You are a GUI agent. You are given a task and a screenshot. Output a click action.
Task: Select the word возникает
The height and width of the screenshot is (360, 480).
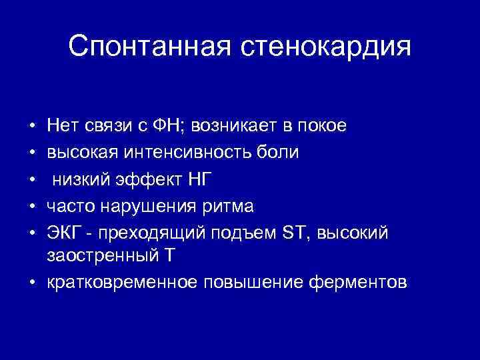click(x=237, y=125)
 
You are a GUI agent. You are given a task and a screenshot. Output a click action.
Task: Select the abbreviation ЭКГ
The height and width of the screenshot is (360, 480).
click(x=61, y=233)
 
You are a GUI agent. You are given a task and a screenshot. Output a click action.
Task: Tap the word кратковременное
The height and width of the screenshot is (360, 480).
click(x=121, y=282)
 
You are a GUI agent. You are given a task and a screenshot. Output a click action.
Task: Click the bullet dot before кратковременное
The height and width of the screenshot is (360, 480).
click(x=32, y=282)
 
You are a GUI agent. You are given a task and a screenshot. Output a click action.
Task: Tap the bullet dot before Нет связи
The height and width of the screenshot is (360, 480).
click(x=32, y=125)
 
